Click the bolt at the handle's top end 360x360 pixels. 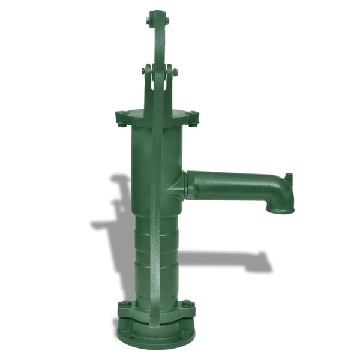pyautogui.click(x=157, y=20)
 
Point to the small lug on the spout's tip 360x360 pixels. pyautogui.click(x=289, y=179)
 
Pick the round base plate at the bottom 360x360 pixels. pyautogui.click(x=156, y=336)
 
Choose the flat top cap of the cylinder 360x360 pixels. pyautogui.click(x=157, y=114)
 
